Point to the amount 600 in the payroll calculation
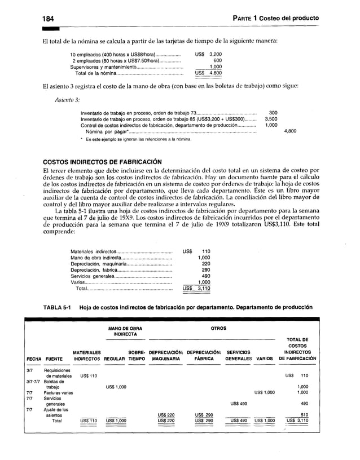coord(217,60)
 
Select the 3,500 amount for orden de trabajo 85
coord(271,119)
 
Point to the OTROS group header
coord(218,328)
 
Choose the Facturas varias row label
coord(62,392)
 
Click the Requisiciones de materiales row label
coord(62,372)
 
